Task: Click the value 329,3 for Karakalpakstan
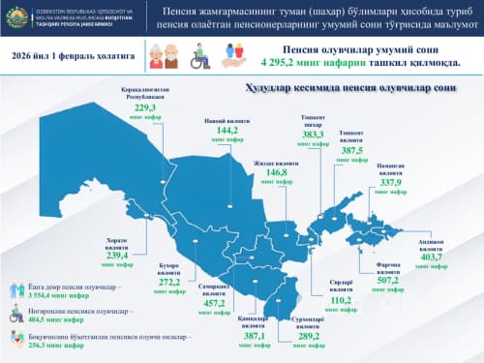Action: tap(145, 109)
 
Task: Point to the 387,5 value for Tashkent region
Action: tap(352, 151)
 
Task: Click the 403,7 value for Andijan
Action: tap(430, 257)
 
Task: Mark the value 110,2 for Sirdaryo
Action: tap(340, 300)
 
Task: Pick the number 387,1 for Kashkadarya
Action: tap(253, 336)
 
